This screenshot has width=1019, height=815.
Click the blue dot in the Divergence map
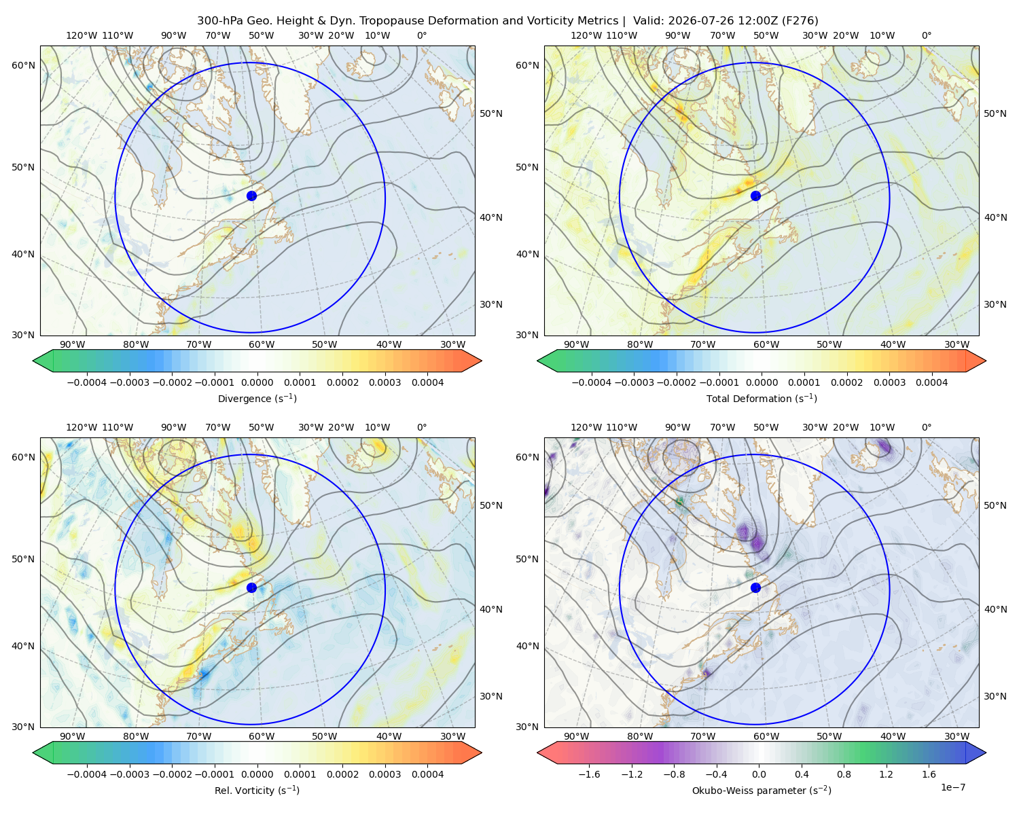(251, 196)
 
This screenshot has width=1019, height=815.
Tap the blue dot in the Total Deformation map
(755, 196)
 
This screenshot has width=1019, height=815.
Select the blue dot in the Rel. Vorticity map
(251, 587)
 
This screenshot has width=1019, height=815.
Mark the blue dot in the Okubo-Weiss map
(755, 587)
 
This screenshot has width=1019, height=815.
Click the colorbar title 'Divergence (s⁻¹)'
(257, 398)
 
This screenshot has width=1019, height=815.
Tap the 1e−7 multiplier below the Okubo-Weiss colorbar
(952, 787)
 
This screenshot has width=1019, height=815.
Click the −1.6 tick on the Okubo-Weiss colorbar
(589, 774)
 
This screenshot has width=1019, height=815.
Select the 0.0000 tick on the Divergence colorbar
(257, 382)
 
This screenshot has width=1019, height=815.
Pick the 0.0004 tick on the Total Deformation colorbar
(931, 382)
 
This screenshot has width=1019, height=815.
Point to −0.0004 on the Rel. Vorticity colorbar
(87, 774)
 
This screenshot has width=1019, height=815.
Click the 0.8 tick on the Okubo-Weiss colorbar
(844, 774)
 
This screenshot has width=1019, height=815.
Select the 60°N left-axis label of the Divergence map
(23, 65)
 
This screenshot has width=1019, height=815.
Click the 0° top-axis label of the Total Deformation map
(926, 35)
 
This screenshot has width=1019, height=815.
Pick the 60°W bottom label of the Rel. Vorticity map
(262, 736)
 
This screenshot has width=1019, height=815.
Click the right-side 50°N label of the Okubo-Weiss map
(995, 505)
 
